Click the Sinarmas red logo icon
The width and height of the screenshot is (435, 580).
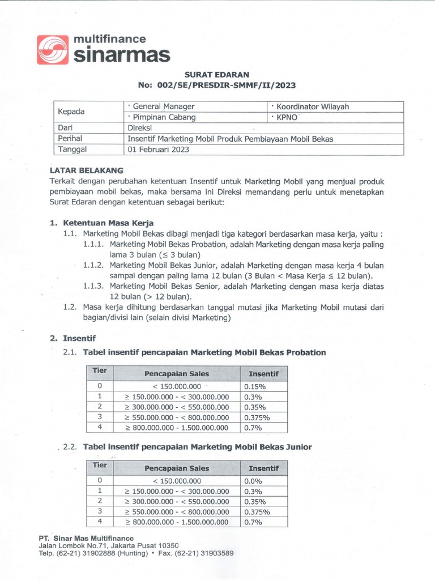tap(53, 49)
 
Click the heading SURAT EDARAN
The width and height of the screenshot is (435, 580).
tap(217, 75)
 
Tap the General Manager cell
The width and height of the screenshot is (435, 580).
tap(161, 106)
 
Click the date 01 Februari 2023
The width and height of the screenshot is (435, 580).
tap(158, 150)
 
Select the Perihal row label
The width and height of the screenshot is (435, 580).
tap(71, 139)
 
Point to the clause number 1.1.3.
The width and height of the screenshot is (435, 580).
tap(93, 287)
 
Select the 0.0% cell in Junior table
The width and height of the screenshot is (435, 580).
tap(253, 480)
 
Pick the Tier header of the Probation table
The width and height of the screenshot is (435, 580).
tap(100, 370)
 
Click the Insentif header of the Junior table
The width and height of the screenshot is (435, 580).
tap(263, 468)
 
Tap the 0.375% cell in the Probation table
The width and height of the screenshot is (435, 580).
tap(257, 417)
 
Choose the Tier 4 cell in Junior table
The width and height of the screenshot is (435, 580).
tap(100, 522)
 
